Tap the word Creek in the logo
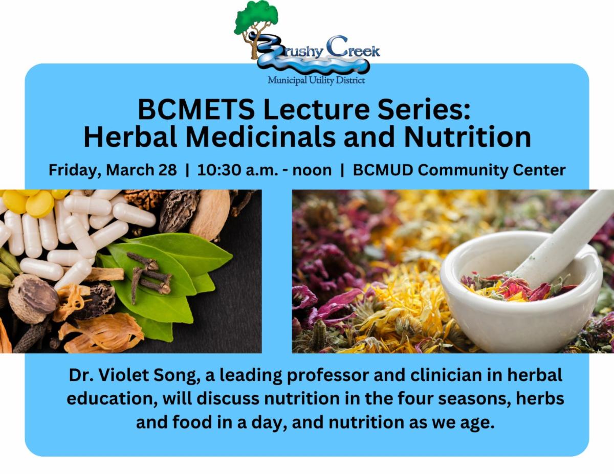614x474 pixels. [353, 49]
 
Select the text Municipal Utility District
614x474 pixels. [316, 80]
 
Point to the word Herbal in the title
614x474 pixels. [130, 138]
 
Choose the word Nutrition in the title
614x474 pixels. [467, 138]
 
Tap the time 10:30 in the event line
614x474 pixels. [218, 170]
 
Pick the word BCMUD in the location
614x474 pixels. [383, 170]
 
